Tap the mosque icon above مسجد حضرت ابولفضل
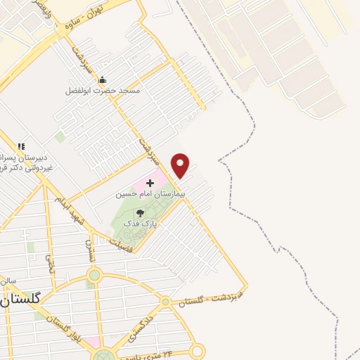tap(103, 79)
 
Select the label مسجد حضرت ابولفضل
tap(103, 91)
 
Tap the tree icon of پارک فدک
tap(140, 212)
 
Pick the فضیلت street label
tap(122, 240)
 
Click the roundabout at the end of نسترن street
tap(94, 276)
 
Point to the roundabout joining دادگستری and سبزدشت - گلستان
tap(165, 302)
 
